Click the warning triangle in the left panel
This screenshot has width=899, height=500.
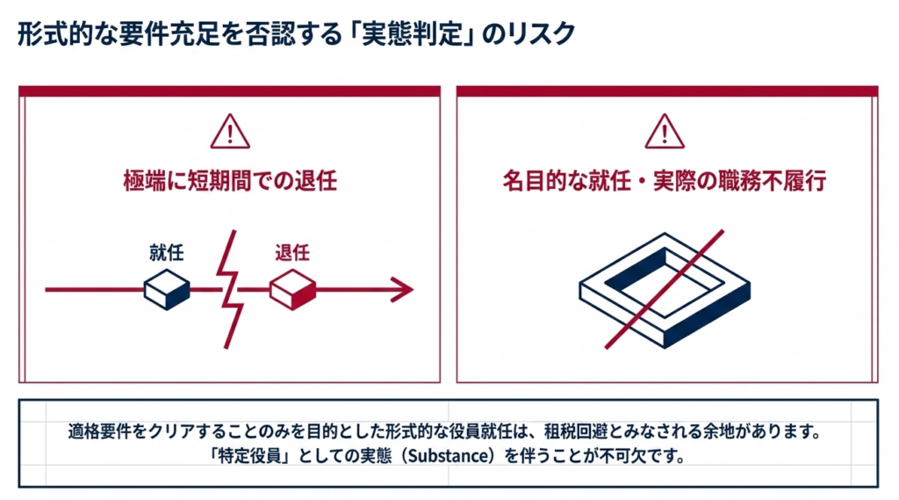tap(230, 132)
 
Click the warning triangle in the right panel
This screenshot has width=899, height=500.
tap(665, 132)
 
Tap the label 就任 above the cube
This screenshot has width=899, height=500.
tap(166, 252)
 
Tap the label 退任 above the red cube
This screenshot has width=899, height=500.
tap(292, 252)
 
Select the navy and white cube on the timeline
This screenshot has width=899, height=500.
tap(167, 289)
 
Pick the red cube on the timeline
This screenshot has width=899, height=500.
tap(293, 289)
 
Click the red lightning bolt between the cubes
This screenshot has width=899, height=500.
tap(230, 289)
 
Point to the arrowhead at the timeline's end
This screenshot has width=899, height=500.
tap(403, 289)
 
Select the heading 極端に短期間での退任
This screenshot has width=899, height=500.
tap(230, 181)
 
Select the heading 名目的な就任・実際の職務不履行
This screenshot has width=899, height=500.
tap(665, 181)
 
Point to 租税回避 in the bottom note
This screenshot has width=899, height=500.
tap(575, 431)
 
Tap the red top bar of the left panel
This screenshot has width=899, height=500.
tap(229, 91)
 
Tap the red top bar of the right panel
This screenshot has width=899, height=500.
tap(667, 91)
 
